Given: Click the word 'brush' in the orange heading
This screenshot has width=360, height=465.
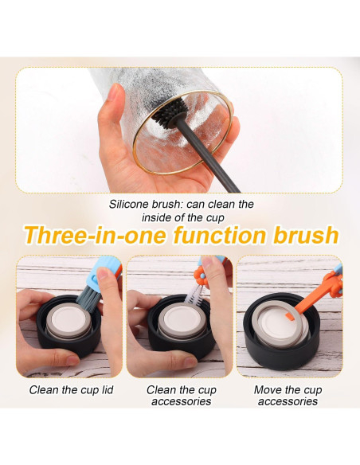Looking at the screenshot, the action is tap(305, 235).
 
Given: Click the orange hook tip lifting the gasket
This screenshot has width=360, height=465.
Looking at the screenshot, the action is tap(290, 316).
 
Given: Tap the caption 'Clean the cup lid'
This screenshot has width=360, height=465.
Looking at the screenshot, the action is tap(71, 389).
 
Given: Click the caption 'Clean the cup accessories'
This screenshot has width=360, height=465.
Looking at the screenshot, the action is tap(181, 395).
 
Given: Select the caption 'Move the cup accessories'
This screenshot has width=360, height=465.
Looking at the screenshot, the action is tap(288, 395).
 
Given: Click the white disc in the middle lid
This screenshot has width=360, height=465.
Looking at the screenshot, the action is tap(181, 318).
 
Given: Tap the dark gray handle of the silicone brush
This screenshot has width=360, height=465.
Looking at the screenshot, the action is tap(208, 154).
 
